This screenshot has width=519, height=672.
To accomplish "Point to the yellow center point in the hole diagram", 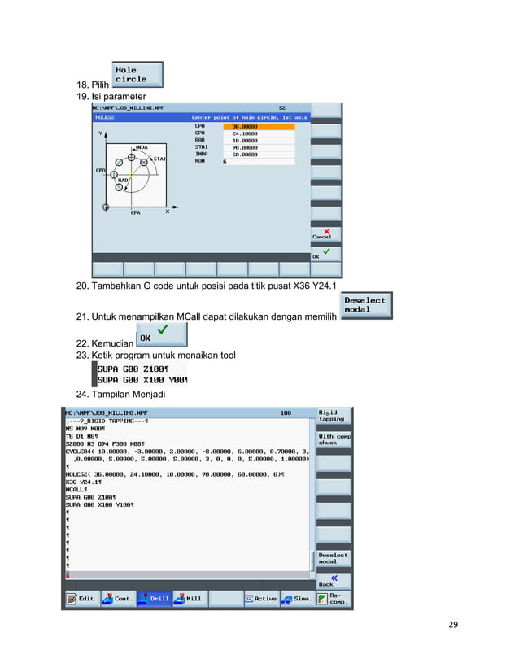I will pos(131,176).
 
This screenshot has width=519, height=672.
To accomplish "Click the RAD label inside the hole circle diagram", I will pos(124,181).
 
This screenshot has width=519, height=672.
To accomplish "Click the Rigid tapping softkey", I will pos(334,416).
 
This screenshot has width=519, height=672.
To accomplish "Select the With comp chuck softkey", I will pos(334,439).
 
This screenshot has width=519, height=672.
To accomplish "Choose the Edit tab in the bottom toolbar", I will pos(81,599).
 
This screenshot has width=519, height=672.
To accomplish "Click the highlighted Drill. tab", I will pos(155,599).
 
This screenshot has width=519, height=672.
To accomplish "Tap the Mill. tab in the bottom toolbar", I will pos(191,599).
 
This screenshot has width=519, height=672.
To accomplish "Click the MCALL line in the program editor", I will pos(76,490).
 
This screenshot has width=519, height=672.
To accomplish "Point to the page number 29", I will pos(453,625).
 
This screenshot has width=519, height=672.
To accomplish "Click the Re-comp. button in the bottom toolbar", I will pos(334,599).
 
